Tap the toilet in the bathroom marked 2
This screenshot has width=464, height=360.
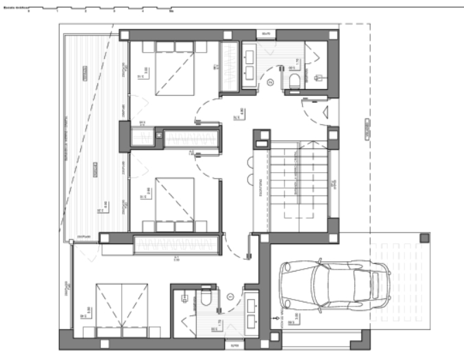click(295, 82)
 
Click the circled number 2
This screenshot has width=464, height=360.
click(271, 82)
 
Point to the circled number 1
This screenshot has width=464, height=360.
click(230, 296)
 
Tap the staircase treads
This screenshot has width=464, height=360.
click(296, 182)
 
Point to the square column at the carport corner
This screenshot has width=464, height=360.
click(424, 237)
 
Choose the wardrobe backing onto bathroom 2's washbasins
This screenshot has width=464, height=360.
click(229, 67)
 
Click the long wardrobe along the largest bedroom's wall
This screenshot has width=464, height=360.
click(178, 243)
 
